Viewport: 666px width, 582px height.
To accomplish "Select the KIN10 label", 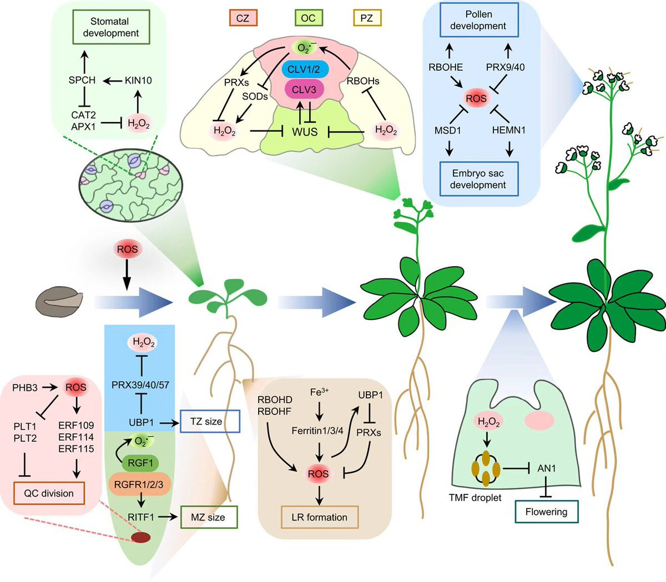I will pos(138,80).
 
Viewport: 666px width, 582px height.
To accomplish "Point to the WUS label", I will pos(305,132).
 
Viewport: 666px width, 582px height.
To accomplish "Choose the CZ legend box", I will pos(243,18).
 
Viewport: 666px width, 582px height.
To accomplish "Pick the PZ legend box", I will pos(366,18).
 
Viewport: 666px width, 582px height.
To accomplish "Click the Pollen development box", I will pos(478,20).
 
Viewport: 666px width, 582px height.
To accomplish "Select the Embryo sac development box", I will pos(478,179).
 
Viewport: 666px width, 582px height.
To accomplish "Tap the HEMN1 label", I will pos(508,130).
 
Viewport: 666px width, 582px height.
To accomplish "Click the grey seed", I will pos(59,302).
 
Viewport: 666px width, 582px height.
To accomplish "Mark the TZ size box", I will pos(206,422).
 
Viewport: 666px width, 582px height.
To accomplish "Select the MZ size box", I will pos(208,517).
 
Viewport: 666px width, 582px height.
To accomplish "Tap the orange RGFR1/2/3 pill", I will pos(139,484).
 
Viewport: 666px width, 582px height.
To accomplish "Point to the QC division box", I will pos(49,493).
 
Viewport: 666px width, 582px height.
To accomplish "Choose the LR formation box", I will pos(319,517).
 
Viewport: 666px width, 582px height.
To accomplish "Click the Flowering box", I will pos(546,512).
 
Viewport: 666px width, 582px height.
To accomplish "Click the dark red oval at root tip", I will pos(140,537).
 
